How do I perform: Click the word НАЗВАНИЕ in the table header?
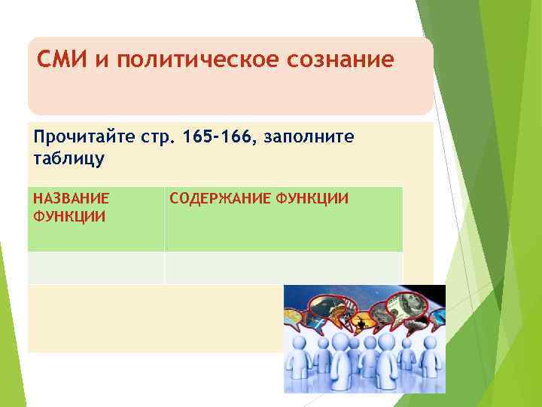click(72, 199)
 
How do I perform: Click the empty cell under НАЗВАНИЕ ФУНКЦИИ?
click(96, 268)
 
